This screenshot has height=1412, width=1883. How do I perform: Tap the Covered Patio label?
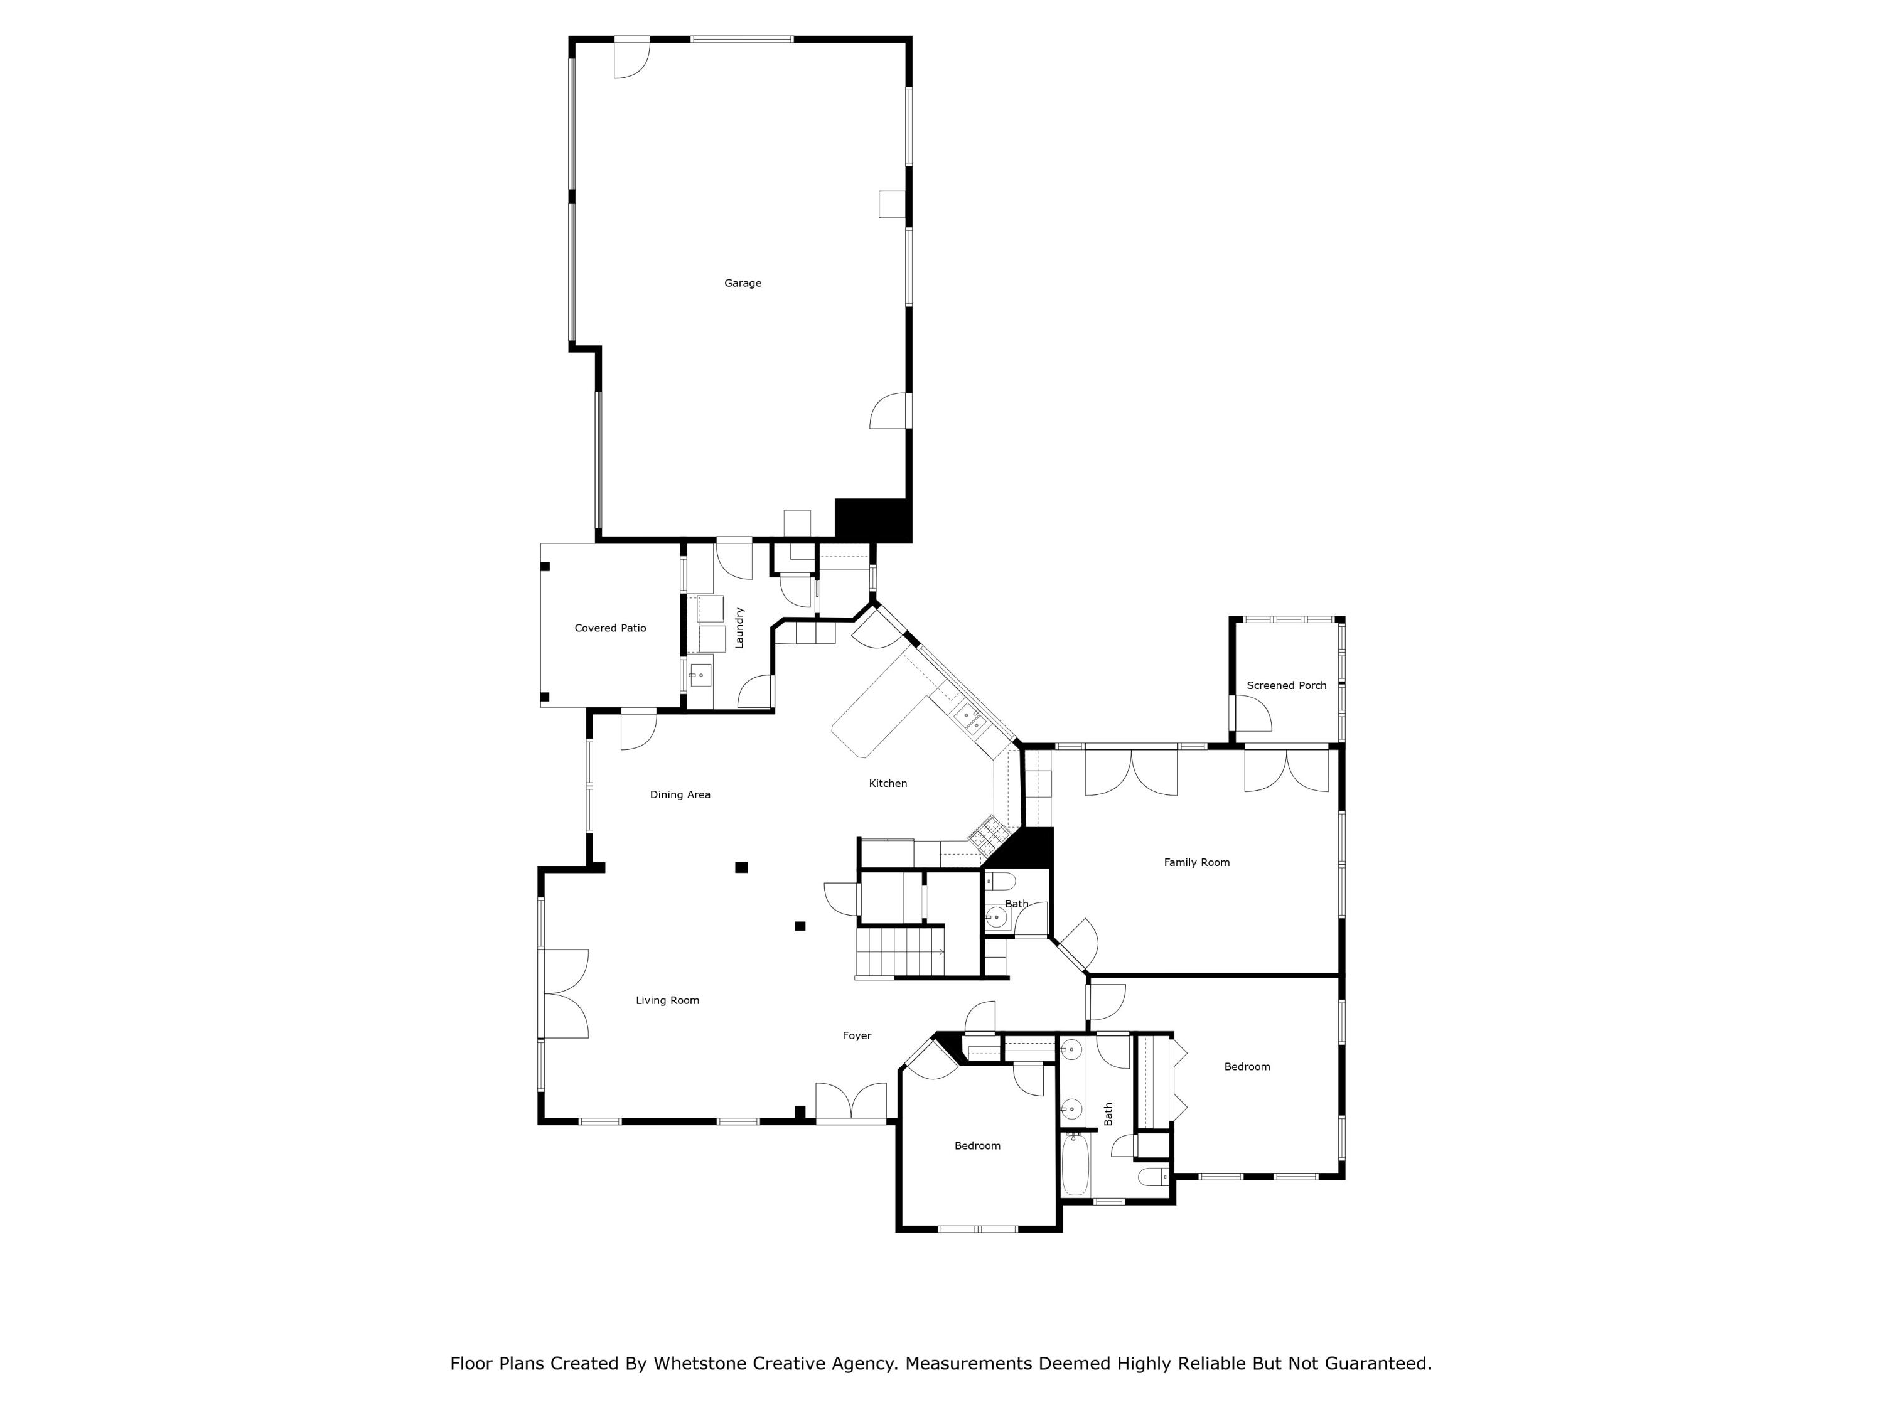pos(609,628)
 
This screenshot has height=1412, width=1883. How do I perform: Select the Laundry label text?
pos(739,628)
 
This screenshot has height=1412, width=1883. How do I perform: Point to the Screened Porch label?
pos(1285,685)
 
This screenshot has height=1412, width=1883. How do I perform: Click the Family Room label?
pos(1196,862)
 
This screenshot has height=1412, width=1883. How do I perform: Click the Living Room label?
pos(667,1000)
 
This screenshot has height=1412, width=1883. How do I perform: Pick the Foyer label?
pos(856,1036)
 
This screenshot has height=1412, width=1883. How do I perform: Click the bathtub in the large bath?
pos(1075,1165)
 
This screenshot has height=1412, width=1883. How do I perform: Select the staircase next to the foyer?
pos(901,953)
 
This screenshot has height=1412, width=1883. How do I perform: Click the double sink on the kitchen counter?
pos(970,720)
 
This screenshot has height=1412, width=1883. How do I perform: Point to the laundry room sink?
pos(700,676)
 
